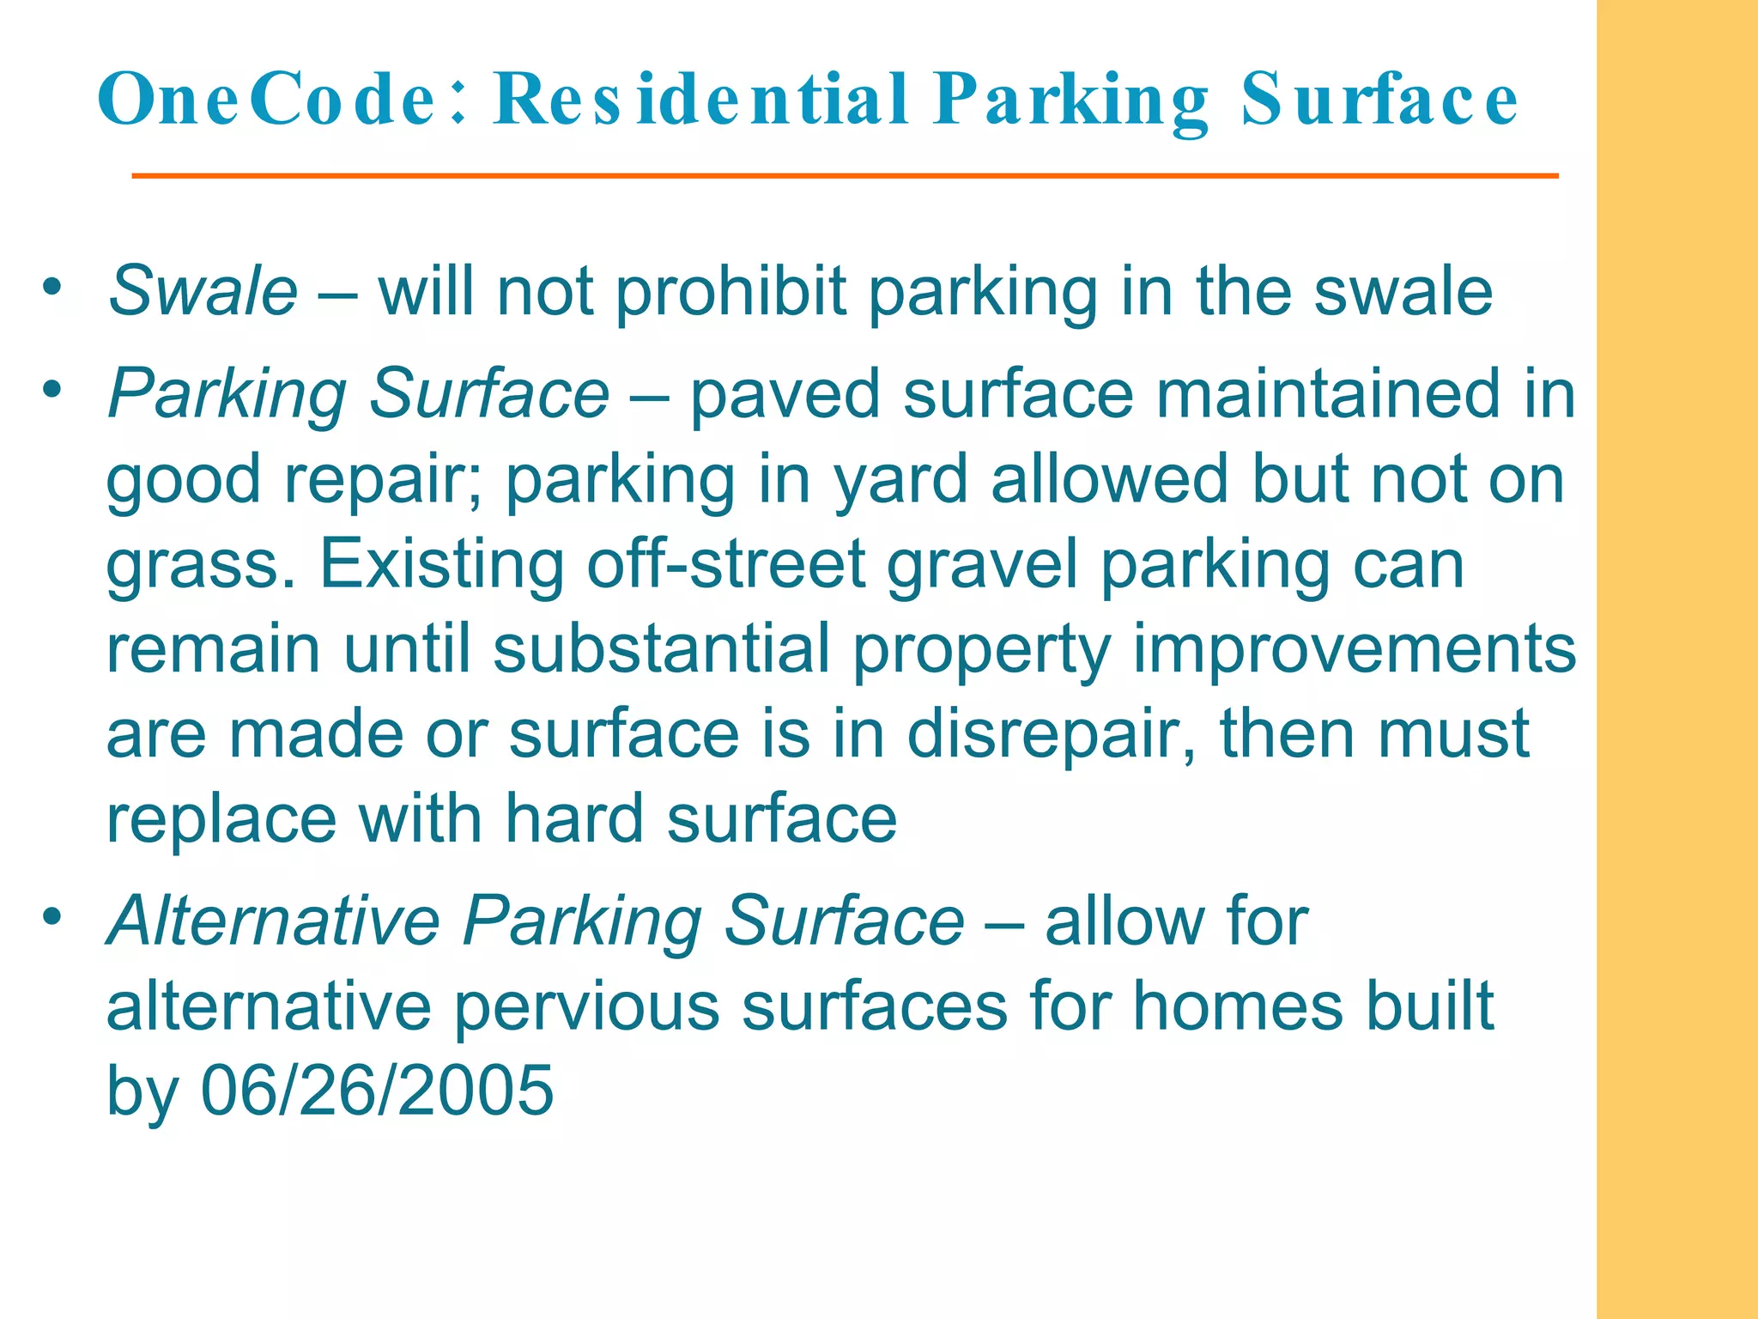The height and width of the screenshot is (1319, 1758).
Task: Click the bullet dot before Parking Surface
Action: [53, 391]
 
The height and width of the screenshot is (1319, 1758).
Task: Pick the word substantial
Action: [661, 649]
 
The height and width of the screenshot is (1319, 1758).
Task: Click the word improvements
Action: [1354, 649]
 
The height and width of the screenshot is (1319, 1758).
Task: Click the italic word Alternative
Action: [273, 921]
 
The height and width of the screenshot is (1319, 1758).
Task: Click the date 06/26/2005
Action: [377, 1091]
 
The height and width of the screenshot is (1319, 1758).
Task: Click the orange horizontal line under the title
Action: [845, 176]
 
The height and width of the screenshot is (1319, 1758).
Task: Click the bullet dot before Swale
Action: [53, 287]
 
